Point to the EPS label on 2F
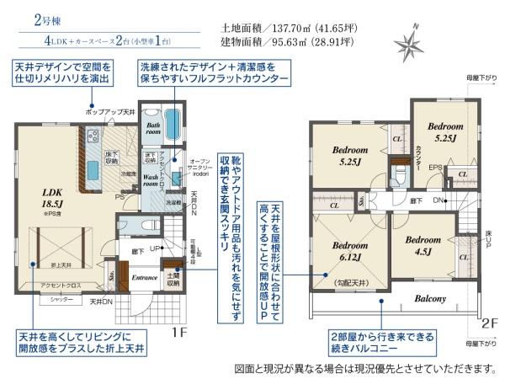435,167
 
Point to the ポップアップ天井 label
110,112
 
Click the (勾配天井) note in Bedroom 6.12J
351,283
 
